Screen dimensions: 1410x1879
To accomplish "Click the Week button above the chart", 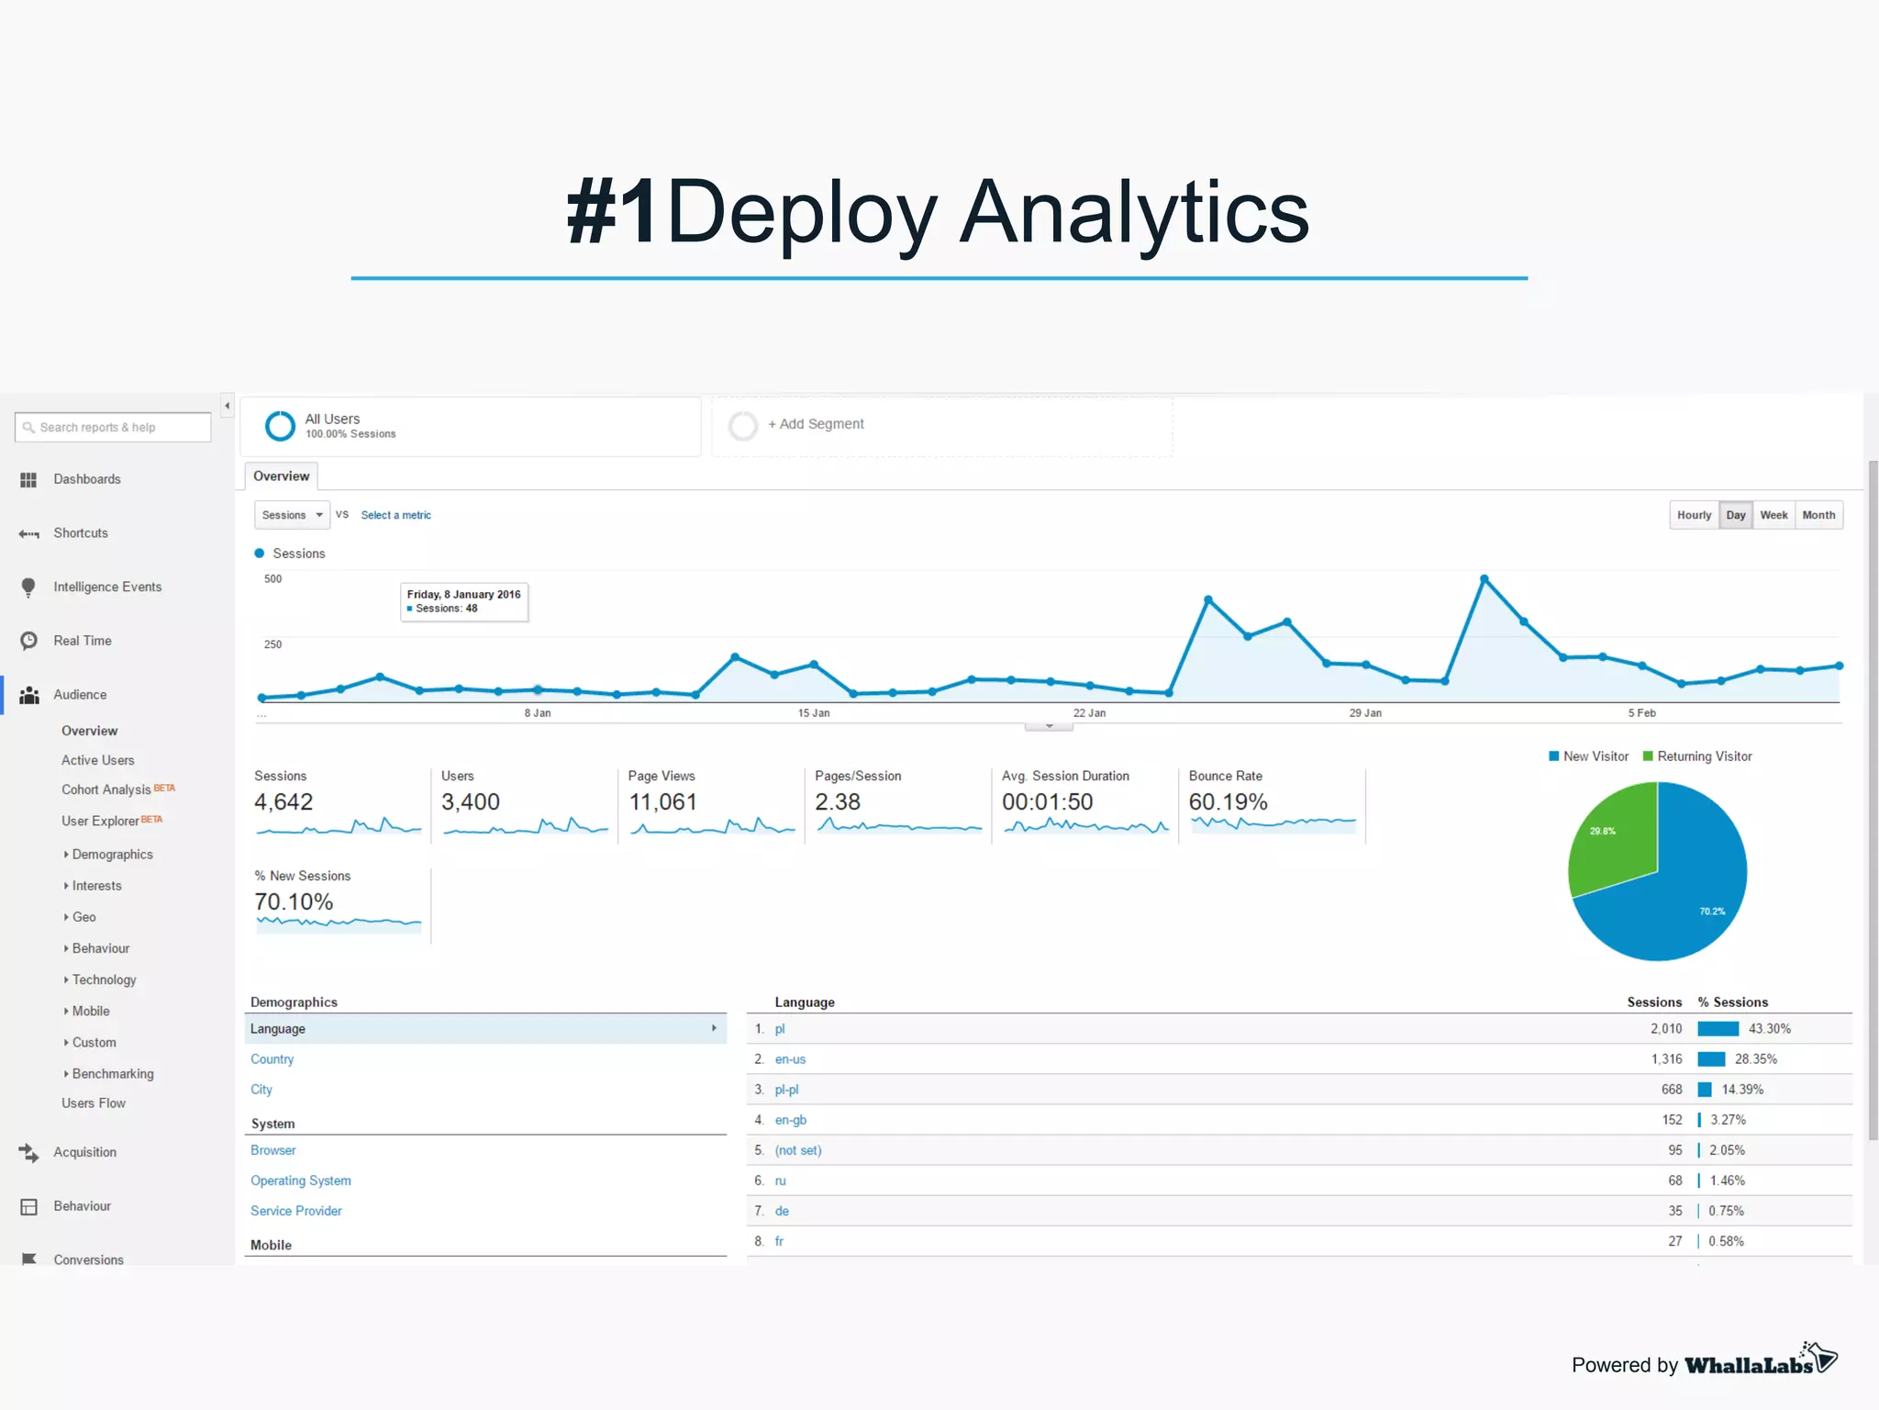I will point(1773,515).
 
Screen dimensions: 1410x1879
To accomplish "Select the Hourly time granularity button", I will point(1694,515).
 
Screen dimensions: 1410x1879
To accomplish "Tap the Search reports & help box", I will point(113,427).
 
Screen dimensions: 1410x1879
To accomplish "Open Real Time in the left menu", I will point(82,641).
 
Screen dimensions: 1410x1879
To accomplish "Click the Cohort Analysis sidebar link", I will point(106,789).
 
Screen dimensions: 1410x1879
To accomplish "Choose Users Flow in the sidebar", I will point(94,1103).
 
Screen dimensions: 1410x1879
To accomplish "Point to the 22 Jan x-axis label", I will point(1089,713).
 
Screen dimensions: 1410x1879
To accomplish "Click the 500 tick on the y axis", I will point(272,579).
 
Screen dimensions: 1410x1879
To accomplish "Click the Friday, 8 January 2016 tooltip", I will point(464,601).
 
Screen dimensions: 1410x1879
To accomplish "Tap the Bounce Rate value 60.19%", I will point(1228,802).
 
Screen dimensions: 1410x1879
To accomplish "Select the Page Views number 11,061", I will point(662,802).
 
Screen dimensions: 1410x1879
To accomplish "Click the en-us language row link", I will point(790,1059).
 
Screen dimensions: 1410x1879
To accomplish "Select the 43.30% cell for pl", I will point(1769,1029).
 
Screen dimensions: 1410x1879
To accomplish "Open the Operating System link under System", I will point(300,1181).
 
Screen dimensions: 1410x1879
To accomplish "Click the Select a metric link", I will point(395,515).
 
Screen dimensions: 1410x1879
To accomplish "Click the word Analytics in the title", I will point(1134,213).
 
